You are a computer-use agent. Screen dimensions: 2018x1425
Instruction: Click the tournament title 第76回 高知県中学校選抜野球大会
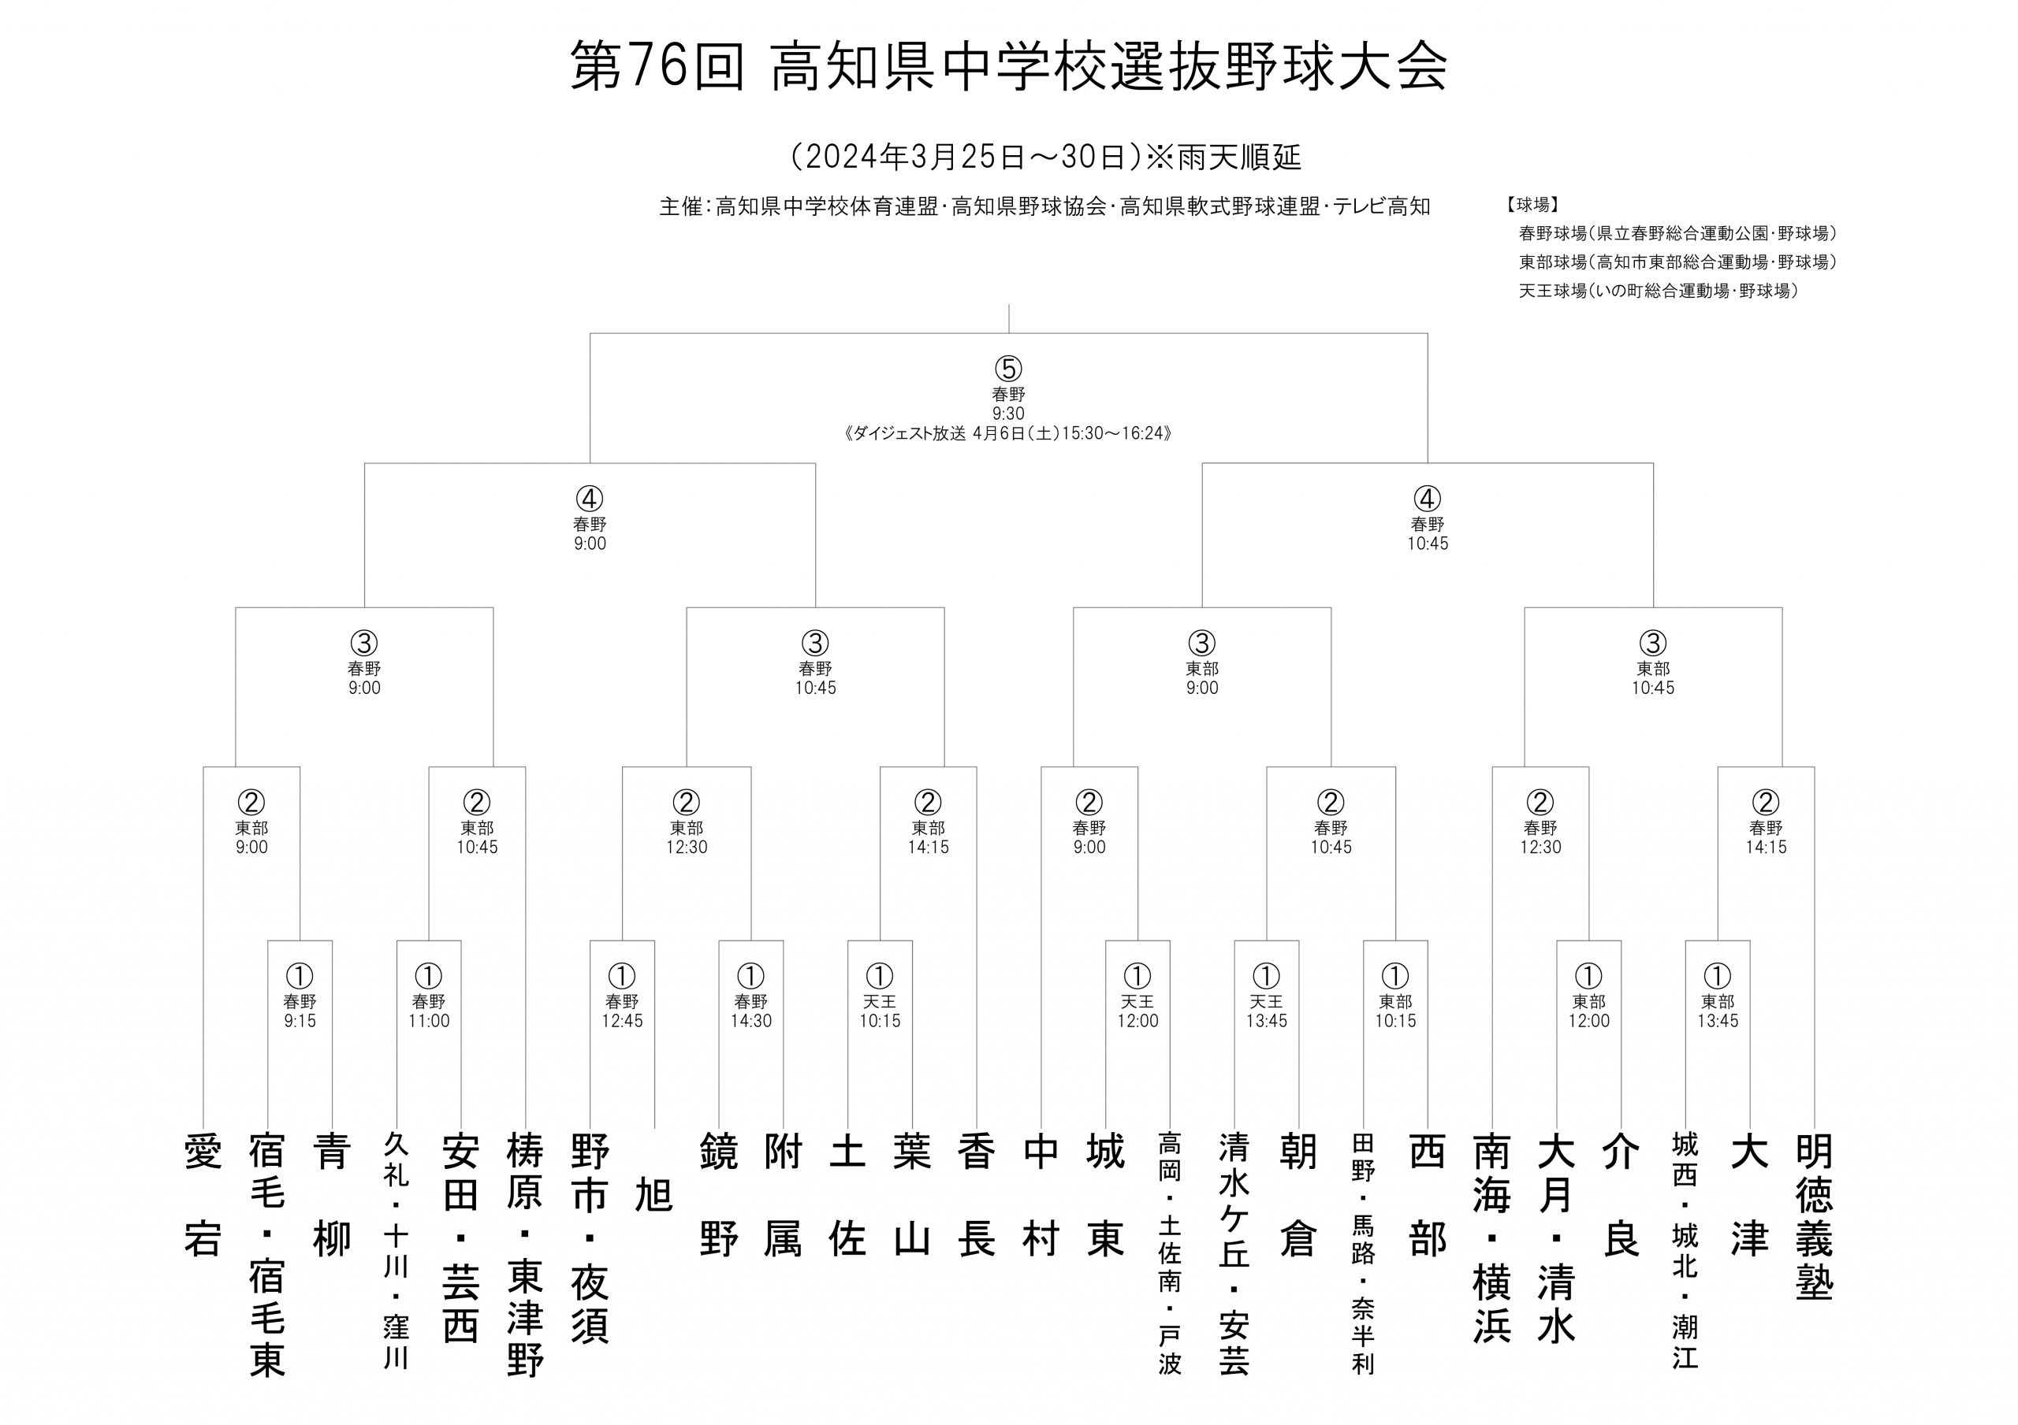pos(1008,67)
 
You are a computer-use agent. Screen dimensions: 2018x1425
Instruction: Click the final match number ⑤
pos(1008,368)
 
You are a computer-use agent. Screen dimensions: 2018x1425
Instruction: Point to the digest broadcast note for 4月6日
pos(1008,433)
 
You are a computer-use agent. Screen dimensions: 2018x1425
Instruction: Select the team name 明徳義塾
pos(1814,1216)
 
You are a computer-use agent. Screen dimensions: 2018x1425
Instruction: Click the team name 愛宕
pos(203,1194)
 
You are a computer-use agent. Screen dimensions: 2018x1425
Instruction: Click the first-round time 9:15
pos(300,1021)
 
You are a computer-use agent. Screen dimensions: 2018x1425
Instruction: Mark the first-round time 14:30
pos(750,1021)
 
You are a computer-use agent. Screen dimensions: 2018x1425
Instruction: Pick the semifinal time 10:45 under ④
pos(1428,544)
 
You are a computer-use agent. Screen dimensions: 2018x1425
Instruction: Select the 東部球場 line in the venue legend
pos(1678,262)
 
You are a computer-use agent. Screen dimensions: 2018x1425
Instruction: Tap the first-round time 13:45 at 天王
pos(1267,1021)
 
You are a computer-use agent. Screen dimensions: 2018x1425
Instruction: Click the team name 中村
pos(1041,1194)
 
